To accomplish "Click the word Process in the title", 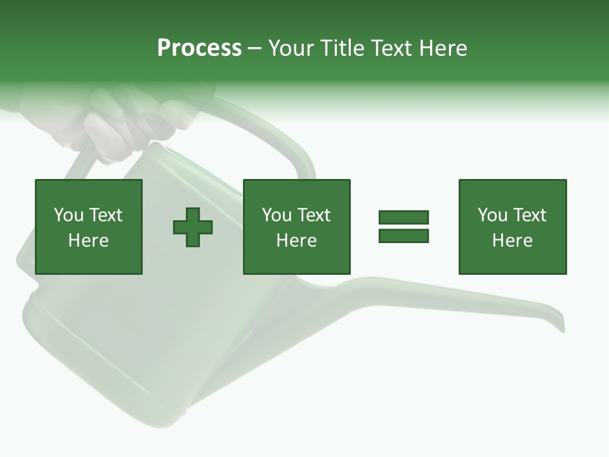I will (199, 48).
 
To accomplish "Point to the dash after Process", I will (254, 49).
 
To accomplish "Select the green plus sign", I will (193, 227).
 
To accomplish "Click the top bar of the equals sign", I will (403, 218).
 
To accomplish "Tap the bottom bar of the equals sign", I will (403, 235).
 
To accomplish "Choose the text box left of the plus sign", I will (88, 227).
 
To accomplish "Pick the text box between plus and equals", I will (296, 227).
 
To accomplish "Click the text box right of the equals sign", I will (512, 227).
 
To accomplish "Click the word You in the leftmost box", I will (68, 215).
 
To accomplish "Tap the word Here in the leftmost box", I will (88, 241).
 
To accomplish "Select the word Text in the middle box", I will (313, 215).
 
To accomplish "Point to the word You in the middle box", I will (276, 215).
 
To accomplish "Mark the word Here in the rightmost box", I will (512, 241).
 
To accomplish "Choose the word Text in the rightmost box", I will (529, 215).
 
